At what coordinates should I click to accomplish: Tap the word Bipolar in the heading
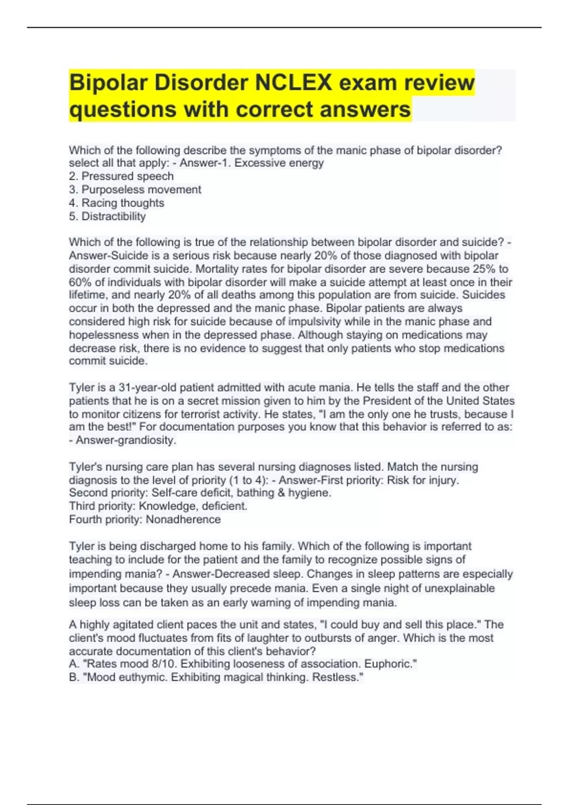[x=109, y=82]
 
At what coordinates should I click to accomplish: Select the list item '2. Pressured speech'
[x=121, y=176]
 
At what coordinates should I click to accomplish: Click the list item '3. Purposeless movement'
[x=135, y=189]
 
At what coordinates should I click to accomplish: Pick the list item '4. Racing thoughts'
[x=117, y=203]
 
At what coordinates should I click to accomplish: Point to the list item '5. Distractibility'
[x=107, y=216]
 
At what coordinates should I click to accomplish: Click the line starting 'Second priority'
[x=200, y=493]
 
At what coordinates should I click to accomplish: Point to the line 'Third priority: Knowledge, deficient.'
[x=158, y=506]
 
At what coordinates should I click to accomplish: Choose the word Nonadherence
[x=183, y=519]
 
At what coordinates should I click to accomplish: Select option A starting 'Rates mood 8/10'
[x=243, y=664]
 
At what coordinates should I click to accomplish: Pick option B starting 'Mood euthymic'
[x=216, y=677]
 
